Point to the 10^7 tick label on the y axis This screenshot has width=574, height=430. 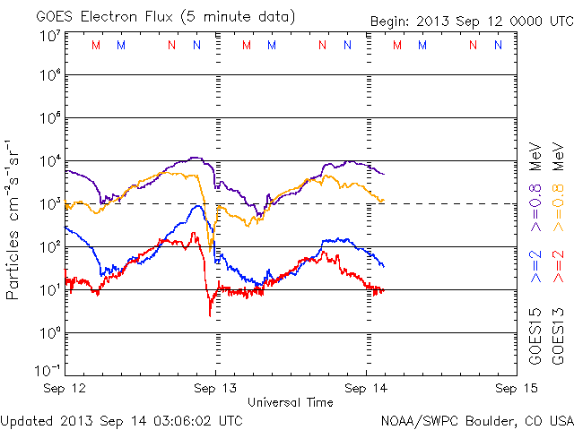[49, 35]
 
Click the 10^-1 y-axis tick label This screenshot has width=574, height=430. [48, 370]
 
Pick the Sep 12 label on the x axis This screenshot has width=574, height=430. [65, 389]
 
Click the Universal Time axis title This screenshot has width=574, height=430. [291, 402]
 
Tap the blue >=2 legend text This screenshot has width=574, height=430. [535, 268]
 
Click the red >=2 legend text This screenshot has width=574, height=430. [558, 268]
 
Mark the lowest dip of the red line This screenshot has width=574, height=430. [210, 315]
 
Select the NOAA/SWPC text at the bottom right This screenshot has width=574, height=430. [415, 419]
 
